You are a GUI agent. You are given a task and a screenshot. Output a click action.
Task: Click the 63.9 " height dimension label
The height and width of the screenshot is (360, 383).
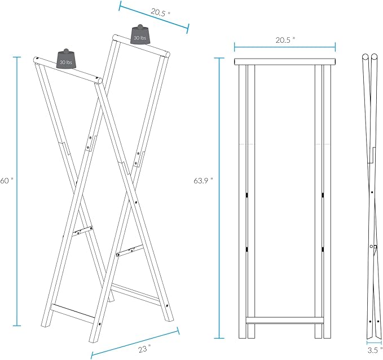tap(203, 181)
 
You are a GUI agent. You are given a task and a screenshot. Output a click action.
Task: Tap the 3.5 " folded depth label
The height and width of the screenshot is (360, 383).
tap(375, 350)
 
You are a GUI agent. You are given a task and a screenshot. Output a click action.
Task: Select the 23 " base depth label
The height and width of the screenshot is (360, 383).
tap(144, 349)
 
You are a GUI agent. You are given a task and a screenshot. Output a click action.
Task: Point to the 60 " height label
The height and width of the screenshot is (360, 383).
tap(6, 181)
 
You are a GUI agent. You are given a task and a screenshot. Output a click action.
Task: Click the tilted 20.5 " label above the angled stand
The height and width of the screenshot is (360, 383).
tap(160, 12)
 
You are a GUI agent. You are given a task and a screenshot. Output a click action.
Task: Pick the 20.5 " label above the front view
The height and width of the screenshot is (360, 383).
tap(285, 40)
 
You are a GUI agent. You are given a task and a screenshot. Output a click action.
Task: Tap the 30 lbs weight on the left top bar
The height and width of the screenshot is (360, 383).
tap(66, 59)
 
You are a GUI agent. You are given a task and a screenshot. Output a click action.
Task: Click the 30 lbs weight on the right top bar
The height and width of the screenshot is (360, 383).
tap(140, 34)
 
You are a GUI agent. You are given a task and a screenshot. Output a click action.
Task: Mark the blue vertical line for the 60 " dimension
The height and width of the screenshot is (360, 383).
tap(17, 191)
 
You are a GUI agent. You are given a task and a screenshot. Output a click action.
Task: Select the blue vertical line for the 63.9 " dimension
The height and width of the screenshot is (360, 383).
tap(219, 198)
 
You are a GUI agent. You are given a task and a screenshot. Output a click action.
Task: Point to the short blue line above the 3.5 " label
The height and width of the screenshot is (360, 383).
tap(374, 343)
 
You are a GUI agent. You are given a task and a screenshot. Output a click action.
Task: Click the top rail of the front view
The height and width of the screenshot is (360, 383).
tap(285, 61)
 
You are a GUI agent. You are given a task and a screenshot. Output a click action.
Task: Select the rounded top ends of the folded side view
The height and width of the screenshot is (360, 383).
tap(370, 57)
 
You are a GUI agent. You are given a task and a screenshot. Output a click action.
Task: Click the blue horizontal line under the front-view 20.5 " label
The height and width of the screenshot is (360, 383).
tap(285, 47)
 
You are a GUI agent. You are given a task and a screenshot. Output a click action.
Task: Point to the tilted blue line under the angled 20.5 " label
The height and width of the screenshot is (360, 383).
tap(154, 17)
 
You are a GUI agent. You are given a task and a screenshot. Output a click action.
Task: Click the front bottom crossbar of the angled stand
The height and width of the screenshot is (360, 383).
tap(73, 310)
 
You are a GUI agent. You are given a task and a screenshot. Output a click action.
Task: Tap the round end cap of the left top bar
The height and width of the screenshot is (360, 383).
tap(98, 80)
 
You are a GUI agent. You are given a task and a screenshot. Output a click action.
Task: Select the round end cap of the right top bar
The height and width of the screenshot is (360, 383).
tap(167, 54)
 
